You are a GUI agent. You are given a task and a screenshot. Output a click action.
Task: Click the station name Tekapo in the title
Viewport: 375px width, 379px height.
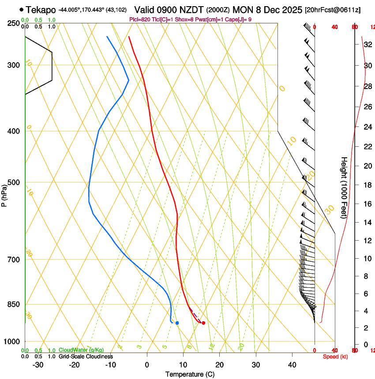pyautogui.click(x=41, y=9)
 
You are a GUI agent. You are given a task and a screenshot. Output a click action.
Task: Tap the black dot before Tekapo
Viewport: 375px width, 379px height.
pyautogui.click(x=21, y=9)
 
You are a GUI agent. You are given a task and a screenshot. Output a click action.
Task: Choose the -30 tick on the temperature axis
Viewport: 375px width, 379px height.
pyautogui.click(x=38, y=365)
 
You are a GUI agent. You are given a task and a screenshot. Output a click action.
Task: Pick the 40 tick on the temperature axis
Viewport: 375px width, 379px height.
pyautogui.click(x=292, y=365)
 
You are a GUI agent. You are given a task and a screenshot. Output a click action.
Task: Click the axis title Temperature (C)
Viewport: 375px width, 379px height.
pyautogui.click(x=190, y=374)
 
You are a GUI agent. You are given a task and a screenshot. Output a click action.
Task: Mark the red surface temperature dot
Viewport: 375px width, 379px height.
pyautogui.click(x=203, y=323)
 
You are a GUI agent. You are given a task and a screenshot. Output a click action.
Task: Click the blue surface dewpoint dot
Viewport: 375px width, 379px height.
pyautogui.click(x=177, y=323)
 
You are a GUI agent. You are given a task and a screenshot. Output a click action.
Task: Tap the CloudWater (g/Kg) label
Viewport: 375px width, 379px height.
pyautogui.click(x=81, y=350)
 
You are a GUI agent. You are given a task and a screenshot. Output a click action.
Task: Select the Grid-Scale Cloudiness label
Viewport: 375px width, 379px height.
pyautogui.click(x=86, y=356)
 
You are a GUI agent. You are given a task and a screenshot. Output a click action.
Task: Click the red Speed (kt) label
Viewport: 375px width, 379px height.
pyautogui.click(x=335, y=357)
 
